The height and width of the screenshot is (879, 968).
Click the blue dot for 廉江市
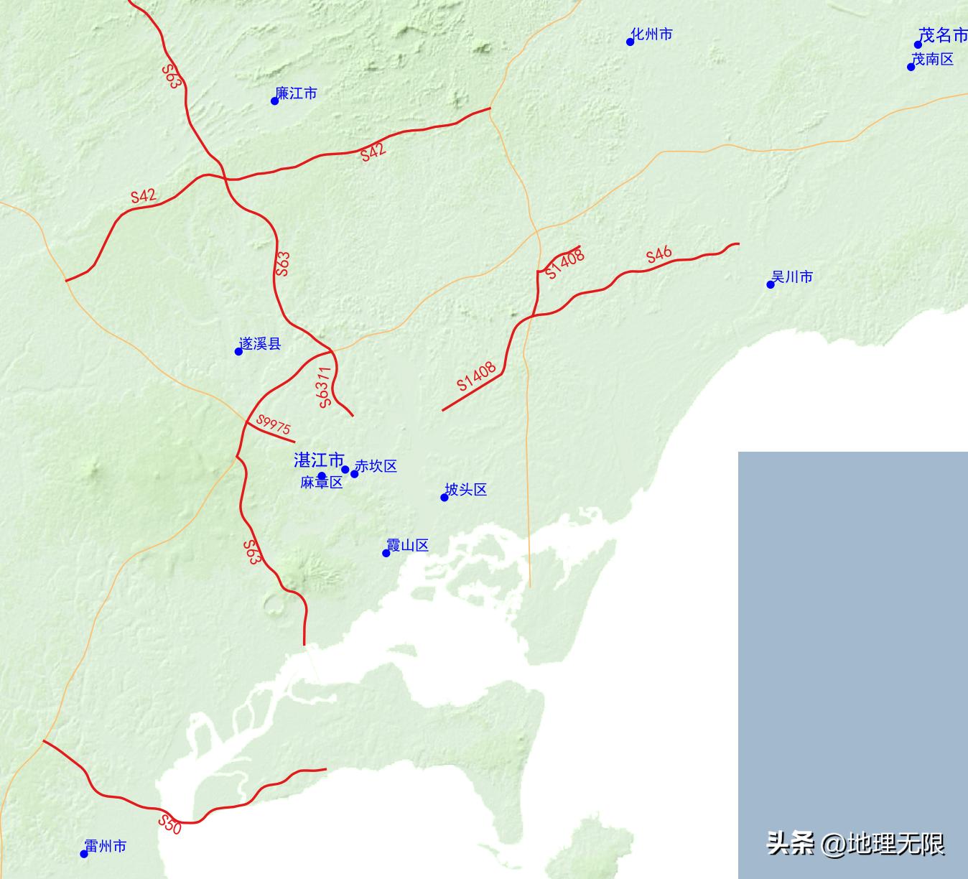pos(274,101)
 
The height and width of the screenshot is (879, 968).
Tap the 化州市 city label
pos(652,34)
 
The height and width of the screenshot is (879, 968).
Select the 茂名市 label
pos(944,36)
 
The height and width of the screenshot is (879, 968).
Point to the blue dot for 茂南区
pos(911,67)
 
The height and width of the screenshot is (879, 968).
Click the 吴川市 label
pos(792,277)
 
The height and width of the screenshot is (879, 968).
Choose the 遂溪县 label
pos(260,344)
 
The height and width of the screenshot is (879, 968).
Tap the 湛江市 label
pos(319,460)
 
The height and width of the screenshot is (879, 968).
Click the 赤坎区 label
pos(376,467)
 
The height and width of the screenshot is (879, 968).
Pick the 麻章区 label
pos(321,483)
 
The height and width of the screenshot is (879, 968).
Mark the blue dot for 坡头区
pos(445,498)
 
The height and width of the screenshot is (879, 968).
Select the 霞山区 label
pos(407,546)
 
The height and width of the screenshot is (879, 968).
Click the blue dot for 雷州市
pos(84,854)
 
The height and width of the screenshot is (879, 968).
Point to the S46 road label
pos(658,254)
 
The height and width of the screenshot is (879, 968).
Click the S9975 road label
pos(274,425)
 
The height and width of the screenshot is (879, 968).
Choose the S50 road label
pos(170,824)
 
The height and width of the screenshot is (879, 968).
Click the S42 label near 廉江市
pos(373,152)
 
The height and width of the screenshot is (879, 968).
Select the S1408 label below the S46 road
pos(477,376)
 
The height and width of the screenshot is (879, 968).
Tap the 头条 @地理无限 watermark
pos(855,843)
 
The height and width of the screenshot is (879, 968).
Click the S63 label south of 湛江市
pos(251,552)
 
